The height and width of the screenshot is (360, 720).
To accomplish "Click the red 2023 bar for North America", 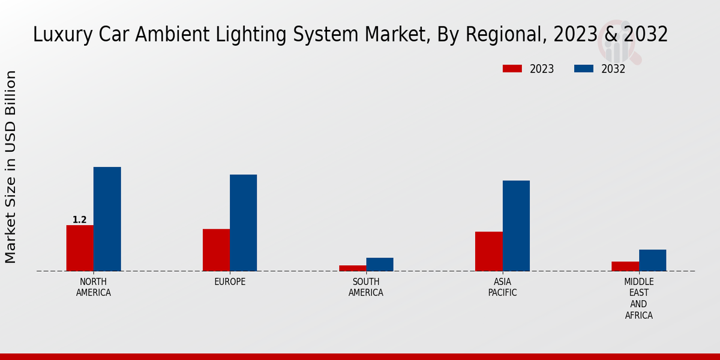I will [x=80, y=248].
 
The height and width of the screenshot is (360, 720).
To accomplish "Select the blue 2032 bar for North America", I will [x=107, y=219].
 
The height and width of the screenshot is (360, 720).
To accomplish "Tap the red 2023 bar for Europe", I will [x=216, y=250].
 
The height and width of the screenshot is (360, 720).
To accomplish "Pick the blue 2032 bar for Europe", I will [x=243, y=223].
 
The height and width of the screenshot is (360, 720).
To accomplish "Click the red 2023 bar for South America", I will [x=352, y=268].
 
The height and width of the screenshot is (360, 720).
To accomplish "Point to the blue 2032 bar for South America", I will [x=380, y=264].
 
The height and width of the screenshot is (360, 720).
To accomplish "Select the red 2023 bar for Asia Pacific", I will [x=488, y=251].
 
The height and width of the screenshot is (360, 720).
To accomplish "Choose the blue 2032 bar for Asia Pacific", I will [x=516, y=226].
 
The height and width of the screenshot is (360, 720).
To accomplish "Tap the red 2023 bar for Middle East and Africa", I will [x=625, y=266].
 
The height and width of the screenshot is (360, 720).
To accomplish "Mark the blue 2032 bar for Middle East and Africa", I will [x=652, y=260].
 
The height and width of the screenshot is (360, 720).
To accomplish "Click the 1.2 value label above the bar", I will [x=80, y=220].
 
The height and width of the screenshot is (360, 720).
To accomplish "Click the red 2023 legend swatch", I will [x=512, y=69].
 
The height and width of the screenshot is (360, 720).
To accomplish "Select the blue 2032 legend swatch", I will [x=584, y=69].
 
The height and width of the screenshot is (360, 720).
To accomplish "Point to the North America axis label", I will [x=93, y=287].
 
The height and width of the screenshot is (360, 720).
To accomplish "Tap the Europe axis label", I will [x=230, y=282].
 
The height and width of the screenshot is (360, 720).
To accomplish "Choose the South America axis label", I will [x=366, y=287].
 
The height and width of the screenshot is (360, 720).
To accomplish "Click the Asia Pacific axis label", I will [x=502, y=287].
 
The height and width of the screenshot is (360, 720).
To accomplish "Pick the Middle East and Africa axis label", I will [x=638, y=298].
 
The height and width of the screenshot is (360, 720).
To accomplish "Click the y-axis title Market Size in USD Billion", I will [x=11, y=167].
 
